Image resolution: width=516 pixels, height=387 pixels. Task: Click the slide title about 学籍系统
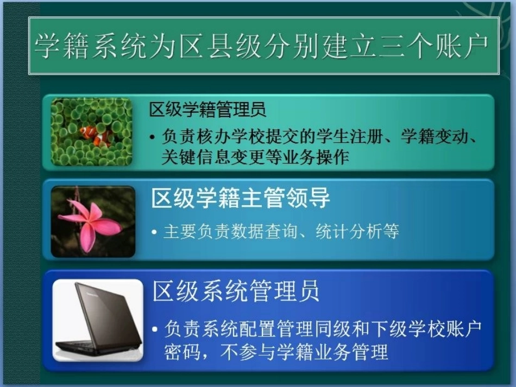tap(263, 46)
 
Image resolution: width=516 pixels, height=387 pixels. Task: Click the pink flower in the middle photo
tap(90, 222)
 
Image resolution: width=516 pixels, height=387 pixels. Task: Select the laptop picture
tap(98, 320)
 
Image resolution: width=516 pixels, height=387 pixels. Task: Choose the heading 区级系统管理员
tap(236, 291)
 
